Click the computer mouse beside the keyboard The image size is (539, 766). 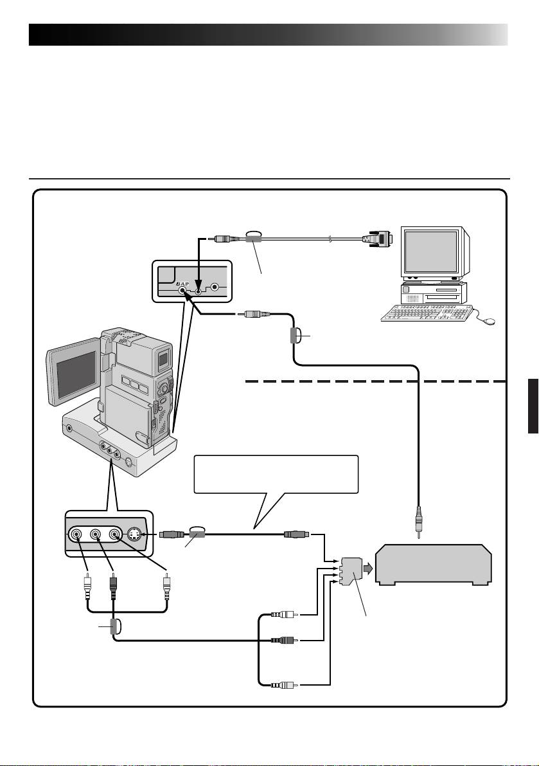click(x=490, y=322)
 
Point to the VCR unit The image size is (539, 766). click(x=434, y=564)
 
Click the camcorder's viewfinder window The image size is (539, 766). click(x=163, y=358)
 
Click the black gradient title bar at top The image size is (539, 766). click(x=269, y=35)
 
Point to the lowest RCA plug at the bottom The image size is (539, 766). click(x=283, y=686)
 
